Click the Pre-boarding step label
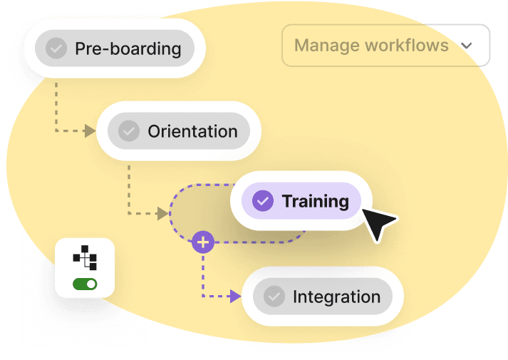coord(128,49)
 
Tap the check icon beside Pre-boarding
coord(56,48)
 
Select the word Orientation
coord(192,131)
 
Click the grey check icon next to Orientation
coord(128,131)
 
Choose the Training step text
coord(315,201)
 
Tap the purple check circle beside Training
coord(263,201)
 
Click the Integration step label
coord(336,297)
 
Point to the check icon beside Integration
coord(274,297)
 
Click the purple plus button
coord(204,242)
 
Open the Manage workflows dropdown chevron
coord(467,46)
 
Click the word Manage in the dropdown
coord(326,46)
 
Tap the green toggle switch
coord(85,284)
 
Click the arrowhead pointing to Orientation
coord(90,131)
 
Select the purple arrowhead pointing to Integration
coord(236,297)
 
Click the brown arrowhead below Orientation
coord(162,213)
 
